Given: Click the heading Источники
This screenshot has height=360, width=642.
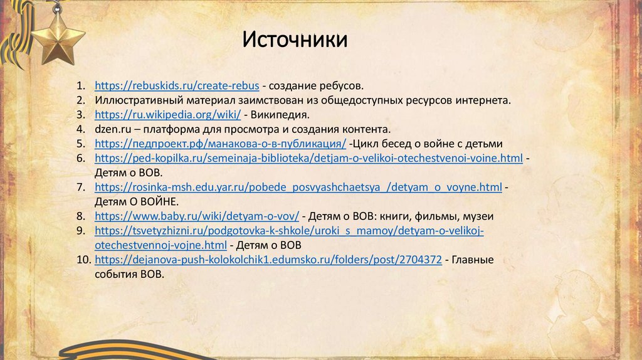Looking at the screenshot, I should (x=295, y=40).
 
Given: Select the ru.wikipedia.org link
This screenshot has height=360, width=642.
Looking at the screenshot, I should (x=168, y=115).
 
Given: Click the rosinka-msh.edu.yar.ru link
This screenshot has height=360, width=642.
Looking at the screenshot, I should (x=298, y=187).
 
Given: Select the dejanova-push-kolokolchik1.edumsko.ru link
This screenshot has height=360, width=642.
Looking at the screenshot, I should (x=268, y=260).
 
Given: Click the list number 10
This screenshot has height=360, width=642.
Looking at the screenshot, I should (x=84, y=260).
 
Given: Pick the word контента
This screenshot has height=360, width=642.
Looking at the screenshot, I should (x=364, y=129).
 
